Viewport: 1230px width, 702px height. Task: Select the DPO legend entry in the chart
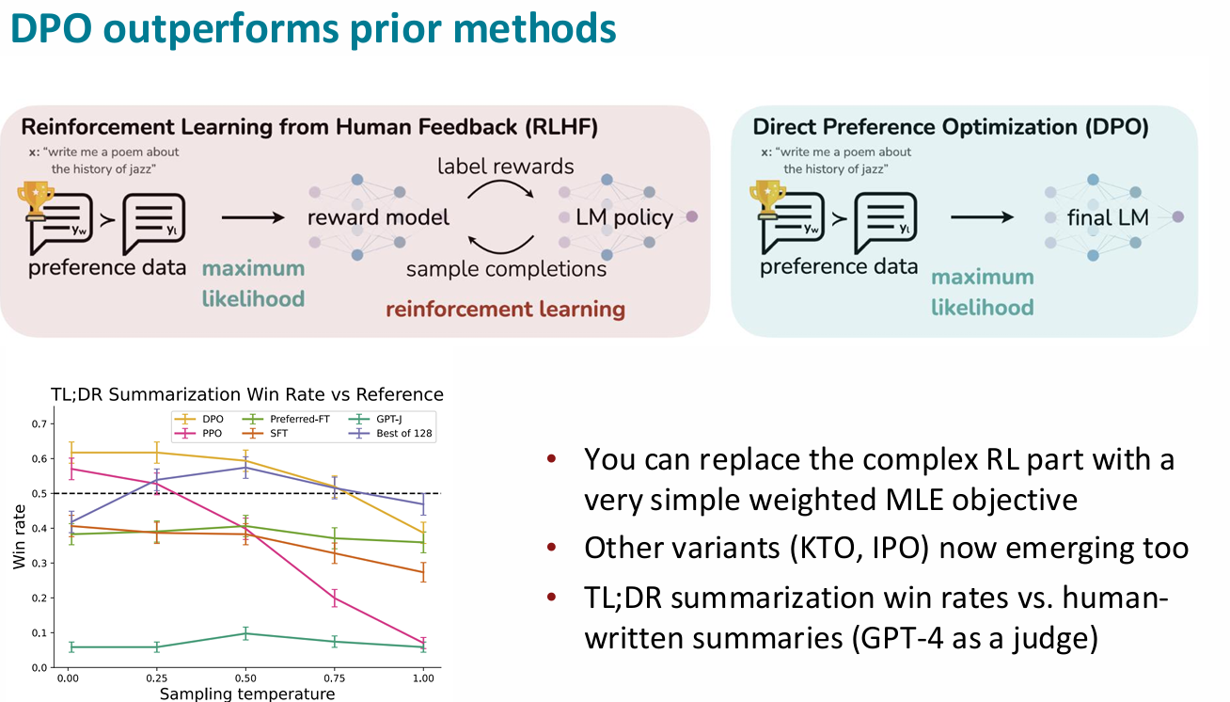[x=199, y=419]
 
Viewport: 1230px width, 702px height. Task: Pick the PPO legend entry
[x=198, y=434]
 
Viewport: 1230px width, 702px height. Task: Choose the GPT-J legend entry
[x=375, y=419]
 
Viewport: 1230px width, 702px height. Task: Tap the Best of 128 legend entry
[x=390, y=434]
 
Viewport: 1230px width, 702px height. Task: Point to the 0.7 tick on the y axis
[x=39, y=424]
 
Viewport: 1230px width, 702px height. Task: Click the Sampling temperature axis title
[x=247, y=694]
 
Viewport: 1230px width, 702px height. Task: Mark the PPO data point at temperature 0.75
[x=335, y=598]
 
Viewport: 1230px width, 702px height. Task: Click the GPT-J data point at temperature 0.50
[x=245, y=634]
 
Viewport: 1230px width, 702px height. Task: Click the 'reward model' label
[x=378, y=217]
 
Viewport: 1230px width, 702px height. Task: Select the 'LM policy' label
[x=624, y=217]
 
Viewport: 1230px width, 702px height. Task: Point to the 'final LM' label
[x=1108, y=218]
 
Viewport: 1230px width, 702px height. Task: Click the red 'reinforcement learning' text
[x=505, y=310]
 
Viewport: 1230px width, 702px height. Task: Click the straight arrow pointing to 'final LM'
[x=983, y=217]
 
